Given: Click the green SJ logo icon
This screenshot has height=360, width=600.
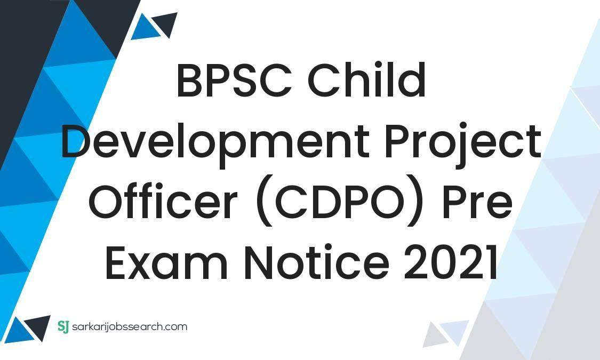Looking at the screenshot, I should (63, 326).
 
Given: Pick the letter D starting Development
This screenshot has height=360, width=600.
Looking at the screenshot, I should (76, 144).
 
